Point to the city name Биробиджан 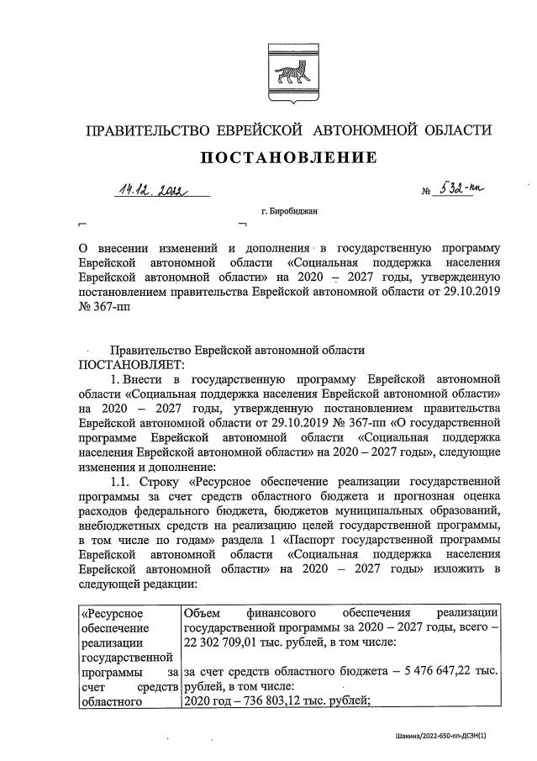[x=289, y=213]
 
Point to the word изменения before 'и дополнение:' [x=109, y=467]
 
